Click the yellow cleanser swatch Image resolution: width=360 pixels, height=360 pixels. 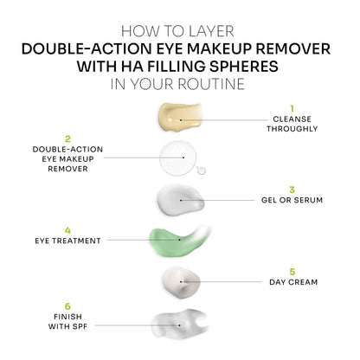(180, 119)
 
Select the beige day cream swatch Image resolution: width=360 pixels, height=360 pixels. (180, 281)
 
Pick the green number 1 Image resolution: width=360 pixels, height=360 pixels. (292, 108)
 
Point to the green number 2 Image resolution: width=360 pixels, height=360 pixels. (67, 138)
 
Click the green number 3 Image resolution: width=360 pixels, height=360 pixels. (292, 189)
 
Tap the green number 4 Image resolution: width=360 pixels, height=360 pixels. (67, 230)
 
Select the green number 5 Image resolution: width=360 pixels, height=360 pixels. (292, 271)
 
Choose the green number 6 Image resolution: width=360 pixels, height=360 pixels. (67, 305)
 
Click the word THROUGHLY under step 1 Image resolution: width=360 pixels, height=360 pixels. (292, 129)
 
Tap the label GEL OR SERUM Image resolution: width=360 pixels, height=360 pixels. (292, 200)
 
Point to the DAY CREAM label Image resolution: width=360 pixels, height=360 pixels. (292, 282)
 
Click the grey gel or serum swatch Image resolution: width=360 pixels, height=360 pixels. (180, 200)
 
